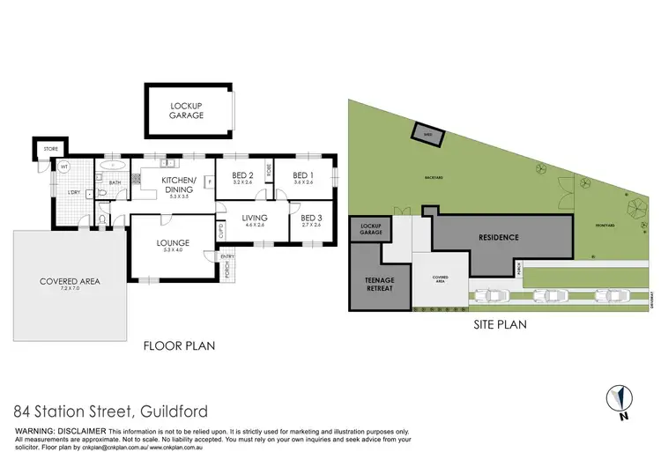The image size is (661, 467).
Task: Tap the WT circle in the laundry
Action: pos(64,166)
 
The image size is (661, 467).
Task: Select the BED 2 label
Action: pos(243,174)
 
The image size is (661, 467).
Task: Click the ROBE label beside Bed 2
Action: pos(268,174)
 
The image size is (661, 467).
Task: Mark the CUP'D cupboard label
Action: pos(221,231)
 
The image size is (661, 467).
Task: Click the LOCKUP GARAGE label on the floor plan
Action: pos(187,110)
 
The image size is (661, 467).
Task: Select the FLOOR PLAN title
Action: pos(180,346)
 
